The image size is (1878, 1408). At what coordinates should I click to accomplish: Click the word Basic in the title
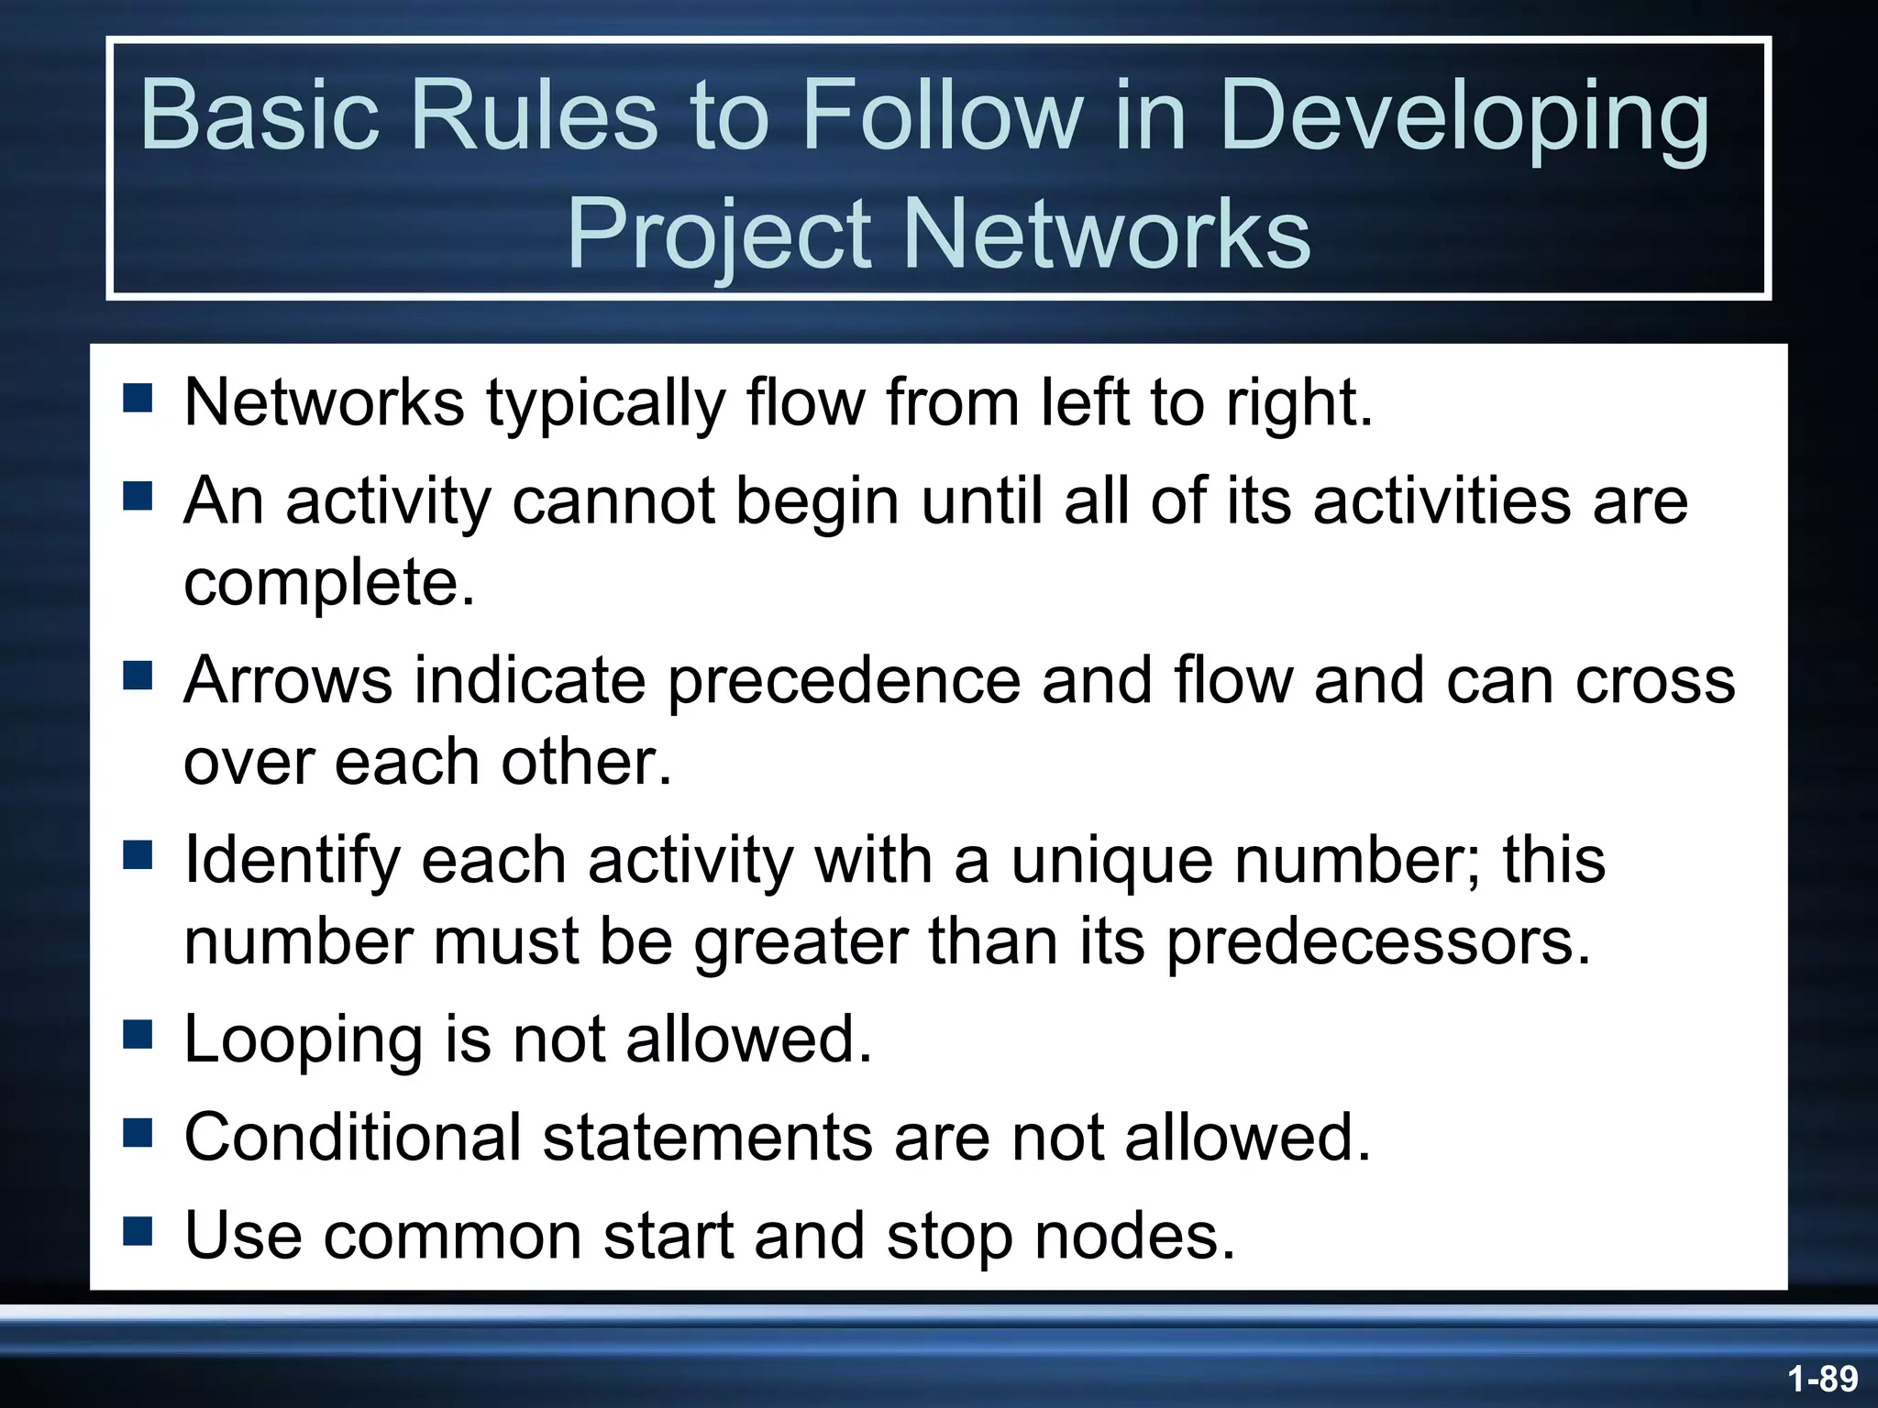click(x=260, y=116)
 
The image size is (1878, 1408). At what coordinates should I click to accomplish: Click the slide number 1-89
click(x=1822, y=1378)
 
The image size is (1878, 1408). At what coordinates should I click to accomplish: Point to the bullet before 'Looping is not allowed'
click(x=138, y=1035)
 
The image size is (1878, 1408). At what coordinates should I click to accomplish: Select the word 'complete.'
click(x=329, y=583)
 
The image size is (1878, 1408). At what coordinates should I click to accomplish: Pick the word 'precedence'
click(x=843, y=680)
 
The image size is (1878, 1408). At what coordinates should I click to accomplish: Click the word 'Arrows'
click(x=287, y=680)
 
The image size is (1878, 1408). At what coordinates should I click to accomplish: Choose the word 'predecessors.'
click(x=1378, y=942)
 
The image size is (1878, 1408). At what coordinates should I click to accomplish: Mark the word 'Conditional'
click(x=352, y=1137)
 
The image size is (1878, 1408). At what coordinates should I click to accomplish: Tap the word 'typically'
click(x=605, y=403)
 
